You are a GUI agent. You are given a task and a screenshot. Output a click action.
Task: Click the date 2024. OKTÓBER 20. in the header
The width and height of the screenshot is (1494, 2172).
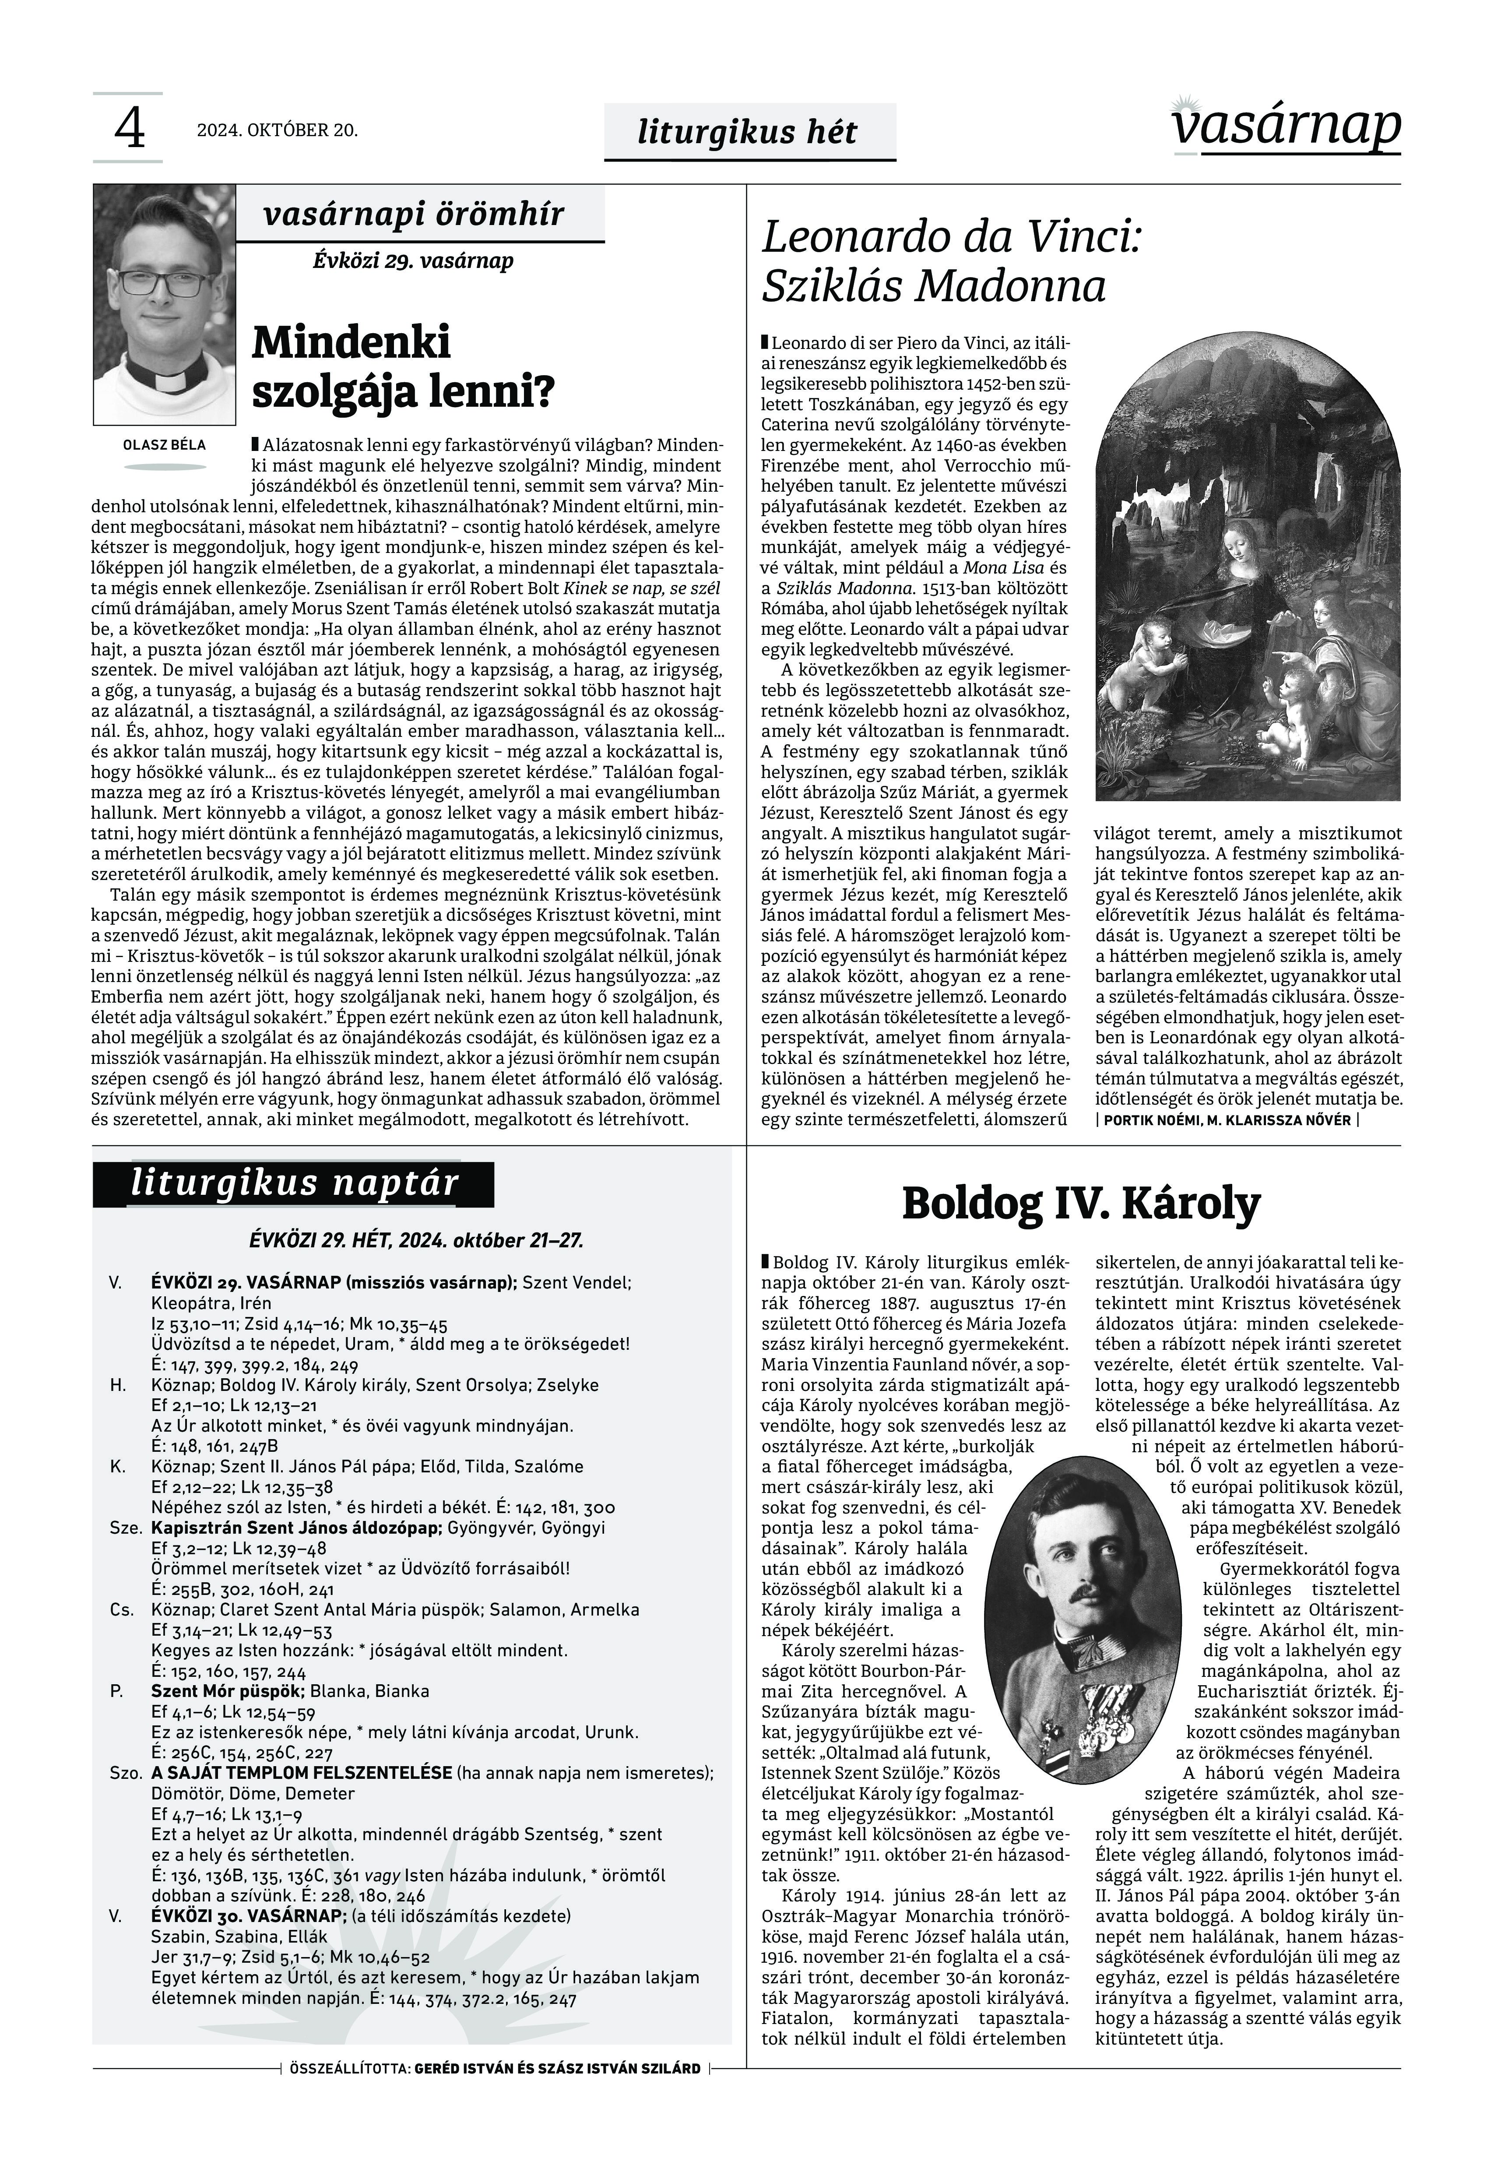(277, 130)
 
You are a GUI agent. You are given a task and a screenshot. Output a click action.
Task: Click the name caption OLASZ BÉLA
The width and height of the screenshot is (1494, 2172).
(165, 445)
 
